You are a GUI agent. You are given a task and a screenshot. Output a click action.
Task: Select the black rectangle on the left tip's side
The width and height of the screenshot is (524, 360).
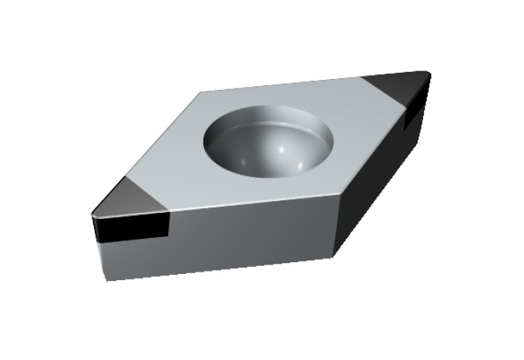click(133, 228)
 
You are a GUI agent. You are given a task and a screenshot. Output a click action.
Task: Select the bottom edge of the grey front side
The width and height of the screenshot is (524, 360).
click(219, 268)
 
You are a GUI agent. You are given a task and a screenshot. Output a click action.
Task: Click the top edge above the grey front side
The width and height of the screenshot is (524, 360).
click(250, 203)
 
